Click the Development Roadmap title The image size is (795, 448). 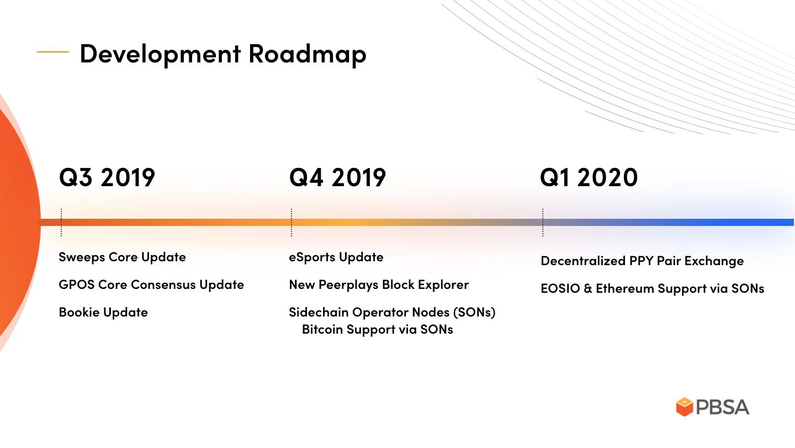(223, 54)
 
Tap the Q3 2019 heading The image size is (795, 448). (107, 177)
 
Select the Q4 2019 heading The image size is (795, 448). (337, 177)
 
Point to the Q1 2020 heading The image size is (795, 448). (589, 177)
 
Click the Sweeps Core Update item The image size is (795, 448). (122, 257)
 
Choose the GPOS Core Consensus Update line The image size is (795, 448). (151, 284)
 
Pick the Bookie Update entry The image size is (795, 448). (103, 313)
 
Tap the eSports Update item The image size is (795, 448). (336, 257)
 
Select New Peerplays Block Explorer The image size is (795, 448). (379, 284)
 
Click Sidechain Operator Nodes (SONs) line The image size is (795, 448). (392, 313)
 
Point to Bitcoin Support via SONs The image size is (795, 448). (377, 329)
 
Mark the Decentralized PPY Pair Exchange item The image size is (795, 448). (642, 261)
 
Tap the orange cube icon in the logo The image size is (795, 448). (685, 407)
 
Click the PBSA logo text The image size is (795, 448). (723, 407)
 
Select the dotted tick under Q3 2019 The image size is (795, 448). (61, 223)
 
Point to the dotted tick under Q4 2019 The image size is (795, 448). (291, 223)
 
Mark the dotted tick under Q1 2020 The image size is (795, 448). (543, 223)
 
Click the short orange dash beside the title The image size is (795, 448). (53, 52)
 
